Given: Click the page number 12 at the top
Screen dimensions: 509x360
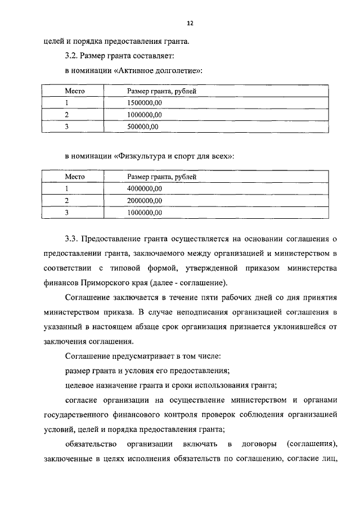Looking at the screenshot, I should click(190, 23).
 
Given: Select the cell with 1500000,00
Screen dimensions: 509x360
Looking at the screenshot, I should click(145, 103).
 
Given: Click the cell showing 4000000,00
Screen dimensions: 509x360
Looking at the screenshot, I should click(145, 188).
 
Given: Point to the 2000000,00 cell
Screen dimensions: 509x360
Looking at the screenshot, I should click(145, 201).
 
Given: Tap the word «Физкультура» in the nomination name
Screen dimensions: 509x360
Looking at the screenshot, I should click(141, 156).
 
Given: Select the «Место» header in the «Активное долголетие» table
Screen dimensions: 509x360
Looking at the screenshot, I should click(74, 91).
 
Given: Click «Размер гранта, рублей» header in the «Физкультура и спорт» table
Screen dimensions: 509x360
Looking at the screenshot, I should click(161, 177).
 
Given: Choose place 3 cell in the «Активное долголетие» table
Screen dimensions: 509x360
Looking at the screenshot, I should click(66, 127).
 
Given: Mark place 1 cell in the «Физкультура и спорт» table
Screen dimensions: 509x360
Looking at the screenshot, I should click(66, 188).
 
